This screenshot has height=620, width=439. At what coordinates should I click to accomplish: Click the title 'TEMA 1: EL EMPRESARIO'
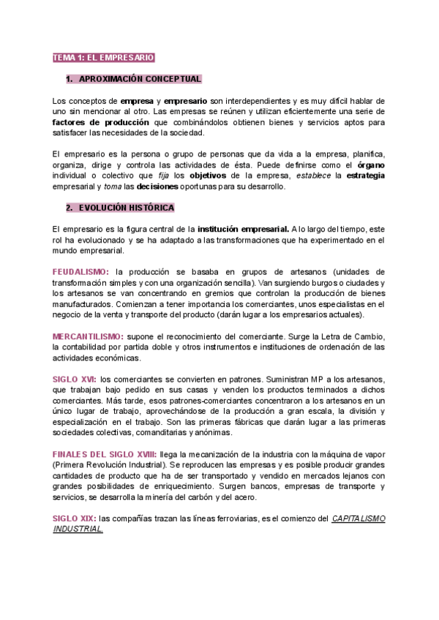pos(103,57)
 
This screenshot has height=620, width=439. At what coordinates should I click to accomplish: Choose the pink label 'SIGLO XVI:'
pos(75,379)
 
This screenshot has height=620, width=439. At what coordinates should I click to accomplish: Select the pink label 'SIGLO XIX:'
pos(75,518)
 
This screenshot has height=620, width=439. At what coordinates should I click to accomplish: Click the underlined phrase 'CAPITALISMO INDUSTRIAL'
pos(359,518)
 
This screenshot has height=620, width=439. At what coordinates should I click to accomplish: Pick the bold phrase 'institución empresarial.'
pos(244,230)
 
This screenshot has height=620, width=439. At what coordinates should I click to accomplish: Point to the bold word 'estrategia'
pos(366,176)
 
